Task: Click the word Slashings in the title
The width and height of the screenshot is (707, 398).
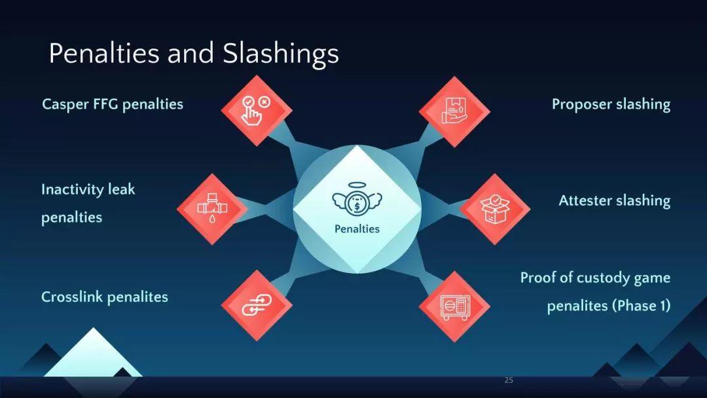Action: coord(280,54)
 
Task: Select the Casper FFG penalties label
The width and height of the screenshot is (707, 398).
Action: coord(113,105)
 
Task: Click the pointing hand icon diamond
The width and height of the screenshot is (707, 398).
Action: coord(257,111)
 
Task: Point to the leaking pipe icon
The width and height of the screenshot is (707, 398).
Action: coord(212,208)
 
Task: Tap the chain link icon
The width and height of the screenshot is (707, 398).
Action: coord(257,305)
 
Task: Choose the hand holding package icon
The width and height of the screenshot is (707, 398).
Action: coord(454,111)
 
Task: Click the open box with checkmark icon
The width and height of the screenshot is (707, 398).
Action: coord(495,209)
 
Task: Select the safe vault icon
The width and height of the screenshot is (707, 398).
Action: coord(455,307)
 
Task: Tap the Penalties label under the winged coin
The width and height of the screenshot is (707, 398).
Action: coord(357,229)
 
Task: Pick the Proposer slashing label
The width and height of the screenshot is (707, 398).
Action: coord(611,105)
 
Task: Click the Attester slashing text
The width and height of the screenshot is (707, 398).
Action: coord(615,200)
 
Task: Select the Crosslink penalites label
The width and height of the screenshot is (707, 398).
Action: coord(105,297)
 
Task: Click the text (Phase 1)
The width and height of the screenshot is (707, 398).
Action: coord(641,306)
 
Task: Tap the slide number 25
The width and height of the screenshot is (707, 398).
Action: coord(509,380)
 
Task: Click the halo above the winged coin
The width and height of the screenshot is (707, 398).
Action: coord(356,185)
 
